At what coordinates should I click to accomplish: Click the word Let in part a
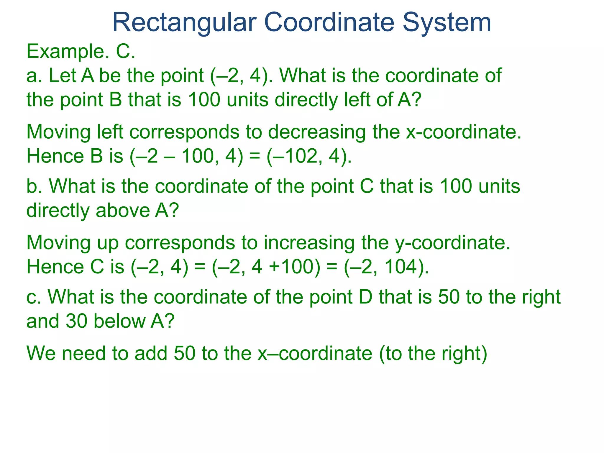63,75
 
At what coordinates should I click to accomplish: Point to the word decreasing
317,132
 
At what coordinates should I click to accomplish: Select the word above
123,211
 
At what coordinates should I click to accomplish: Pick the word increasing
309,243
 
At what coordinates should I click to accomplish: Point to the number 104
402,267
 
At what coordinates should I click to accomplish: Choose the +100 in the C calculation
292,267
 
